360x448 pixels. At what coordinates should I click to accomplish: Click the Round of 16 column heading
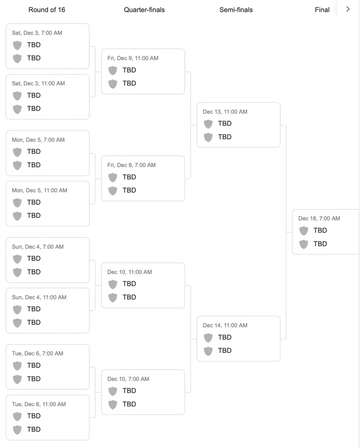[47, 10]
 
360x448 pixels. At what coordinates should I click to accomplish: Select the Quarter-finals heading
[144, 10]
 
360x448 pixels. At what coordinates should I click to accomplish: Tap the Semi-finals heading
[236, 10]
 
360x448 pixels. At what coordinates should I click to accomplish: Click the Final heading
[322, 10]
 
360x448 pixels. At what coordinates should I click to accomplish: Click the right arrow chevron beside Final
[348, 9]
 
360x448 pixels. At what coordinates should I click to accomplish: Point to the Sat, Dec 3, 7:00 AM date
[37, 33]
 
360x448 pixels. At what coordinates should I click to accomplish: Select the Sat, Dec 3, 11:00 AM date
[38, 84]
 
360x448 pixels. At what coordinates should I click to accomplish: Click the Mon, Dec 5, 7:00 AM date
[38, 140]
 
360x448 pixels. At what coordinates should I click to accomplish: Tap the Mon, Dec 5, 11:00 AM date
[40, 190]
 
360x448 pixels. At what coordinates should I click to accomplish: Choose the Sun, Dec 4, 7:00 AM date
[38, 247]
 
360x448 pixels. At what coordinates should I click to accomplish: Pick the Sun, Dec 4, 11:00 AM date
[39, 298]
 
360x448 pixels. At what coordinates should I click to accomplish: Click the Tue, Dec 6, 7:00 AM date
[37, 354]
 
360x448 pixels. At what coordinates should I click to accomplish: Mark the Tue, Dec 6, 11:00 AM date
[39, 404]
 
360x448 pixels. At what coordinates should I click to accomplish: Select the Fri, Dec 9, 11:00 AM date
[133, 58]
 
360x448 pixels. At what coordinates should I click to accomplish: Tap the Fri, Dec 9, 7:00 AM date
[131, 165]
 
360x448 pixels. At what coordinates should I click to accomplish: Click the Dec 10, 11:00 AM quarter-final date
[130, 272]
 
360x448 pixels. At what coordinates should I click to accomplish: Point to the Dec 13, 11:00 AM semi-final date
[225, 112]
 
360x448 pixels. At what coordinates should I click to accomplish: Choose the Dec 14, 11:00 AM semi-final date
[225, 326]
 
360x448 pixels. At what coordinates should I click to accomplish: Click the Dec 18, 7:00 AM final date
[319, 219]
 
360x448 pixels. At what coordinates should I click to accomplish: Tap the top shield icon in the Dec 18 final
[304, 231]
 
